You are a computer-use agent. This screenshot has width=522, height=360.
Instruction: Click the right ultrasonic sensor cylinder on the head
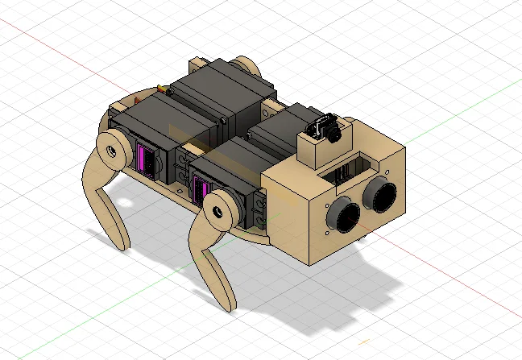click(x=380, y=192)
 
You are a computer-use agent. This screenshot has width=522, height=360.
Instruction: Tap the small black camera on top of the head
click(x=325, y=129)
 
